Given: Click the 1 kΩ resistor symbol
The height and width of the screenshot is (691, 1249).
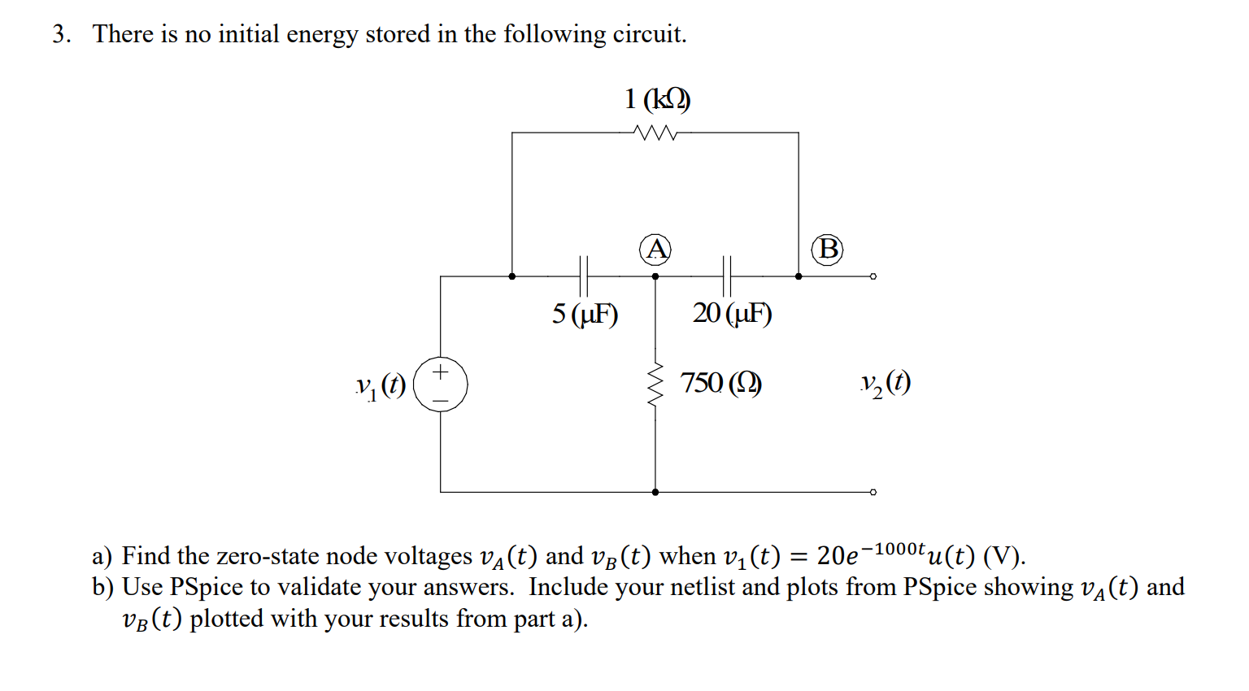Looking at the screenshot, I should [x=655, y=133].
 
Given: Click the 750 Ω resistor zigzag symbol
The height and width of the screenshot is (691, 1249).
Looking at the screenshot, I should [x=655, y=384].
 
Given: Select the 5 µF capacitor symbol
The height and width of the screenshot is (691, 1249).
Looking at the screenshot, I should [x=583, y=276].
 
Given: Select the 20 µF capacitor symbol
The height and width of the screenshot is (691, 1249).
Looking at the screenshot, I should [x=727, y=276].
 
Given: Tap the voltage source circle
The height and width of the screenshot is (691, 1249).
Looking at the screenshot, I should [x=441, y=384].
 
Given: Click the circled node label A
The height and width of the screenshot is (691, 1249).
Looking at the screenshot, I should [x=655, y=249].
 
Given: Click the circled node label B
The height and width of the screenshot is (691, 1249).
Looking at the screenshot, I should [x=828, y=249].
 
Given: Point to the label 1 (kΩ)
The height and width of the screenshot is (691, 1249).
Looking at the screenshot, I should [x=657, y=99].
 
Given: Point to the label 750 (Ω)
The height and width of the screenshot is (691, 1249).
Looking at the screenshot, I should [x=720, y=382].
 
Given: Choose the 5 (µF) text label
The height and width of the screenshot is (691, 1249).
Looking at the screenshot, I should [x=585, y=314].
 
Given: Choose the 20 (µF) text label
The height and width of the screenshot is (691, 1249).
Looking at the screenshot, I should [x=732, y=313].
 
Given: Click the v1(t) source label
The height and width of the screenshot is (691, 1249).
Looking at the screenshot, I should [x=381, y=385].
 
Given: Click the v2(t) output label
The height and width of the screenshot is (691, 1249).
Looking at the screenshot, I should [x=886, y=383].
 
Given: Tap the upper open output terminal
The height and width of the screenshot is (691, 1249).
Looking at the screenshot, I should [x=873, y=276].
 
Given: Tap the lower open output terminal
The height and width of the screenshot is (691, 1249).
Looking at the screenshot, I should [x=873, y=492].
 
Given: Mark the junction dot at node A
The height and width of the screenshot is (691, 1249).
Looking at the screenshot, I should [x=655, y=276].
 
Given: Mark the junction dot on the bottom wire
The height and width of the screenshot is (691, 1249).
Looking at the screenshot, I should [x=655, y=492].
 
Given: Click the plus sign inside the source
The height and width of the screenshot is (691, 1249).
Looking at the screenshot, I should [x=440, y=372].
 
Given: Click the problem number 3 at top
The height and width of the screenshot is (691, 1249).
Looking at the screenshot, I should [x=59, y=34].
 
